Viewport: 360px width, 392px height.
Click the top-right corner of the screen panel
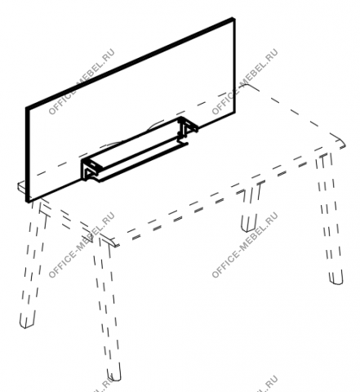tap(233, 19)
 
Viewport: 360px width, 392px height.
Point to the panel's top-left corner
tap(27, 108)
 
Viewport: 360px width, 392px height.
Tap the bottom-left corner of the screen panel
tap(27, 202)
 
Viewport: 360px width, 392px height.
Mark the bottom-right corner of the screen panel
tap(234, 112)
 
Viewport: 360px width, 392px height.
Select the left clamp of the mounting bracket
tap(89, 170)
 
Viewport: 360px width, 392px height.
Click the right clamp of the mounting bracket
tap(187, 128)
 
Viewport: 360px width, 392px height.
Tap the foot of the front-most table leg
tap(114, 375)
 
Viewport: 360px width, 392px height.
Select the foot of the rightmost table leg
tap(336, 278)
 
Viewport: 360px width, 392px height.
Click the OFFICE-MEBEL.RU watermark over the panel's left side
tap(81, 82)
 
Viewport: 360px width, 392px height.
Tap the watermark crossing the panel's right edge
tap(244, 82)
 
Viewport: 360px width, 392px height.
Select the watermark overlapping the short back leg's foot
tap(244, 245)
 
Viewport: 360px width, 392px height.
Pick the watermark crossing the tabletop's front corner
tap(81, 245)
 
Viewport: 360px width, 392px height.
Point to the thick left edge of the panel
tap(27, 154)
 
